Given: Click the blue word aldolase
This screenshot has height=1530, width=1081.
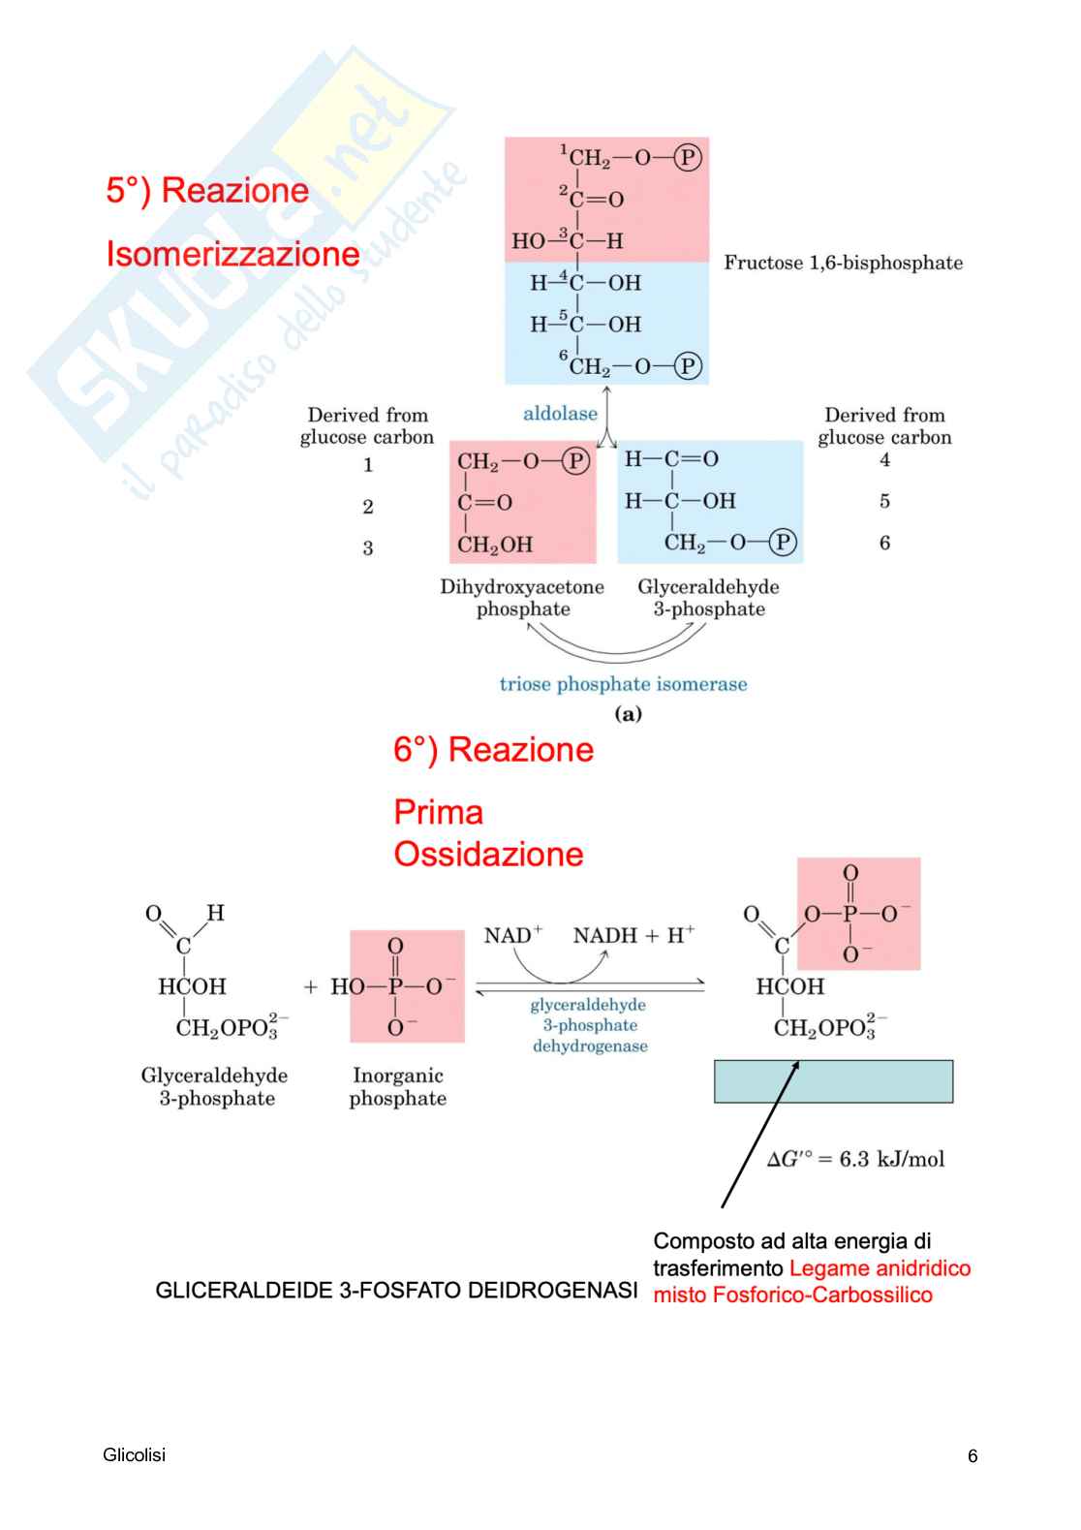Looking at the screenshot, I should pyautogui.click(x=560, y=414).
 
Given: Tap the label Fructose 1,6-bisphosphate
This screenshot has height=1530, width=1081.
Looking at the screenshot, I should pyautogui.click(x=843, y=263).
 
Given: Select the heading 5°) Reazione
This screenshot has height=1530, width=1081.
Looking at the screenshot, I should pyautogui.click(x=207, y=190).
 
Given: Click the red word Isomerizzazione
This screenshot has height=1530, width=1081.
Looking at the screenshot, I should pyautogui.click(x=232, y=254).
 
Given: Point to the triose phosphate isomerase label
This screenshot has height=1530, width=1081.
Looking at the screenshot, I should pyautogui.click(x=623, y=684).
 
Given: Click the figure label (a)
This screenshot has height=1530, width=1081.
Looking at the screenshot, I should pyautogui.click(x=628, y=714).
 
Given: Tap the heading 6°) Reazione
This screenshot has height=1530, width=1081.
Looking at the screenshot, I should pyautogui.click(x=493, y=749).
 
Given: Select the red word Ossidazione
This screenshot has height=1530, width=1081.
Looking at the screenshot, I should pyautogui.click(x=488, y=854).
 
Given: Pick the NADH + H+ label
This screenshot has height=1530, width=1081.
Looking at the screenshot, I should pyautogui.click(x=633, y=935).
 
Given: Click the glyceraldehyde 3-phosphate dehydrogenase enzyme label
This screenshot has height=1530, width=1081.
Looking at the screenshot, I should pyautogui.click(x=589, y=1025).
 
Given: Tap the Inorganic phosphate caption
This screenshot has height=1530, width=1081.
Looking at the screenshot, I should pyautogui.click(x=397, y=1086).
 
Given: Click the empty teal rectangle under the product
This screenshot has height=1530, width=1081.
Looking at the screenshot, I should pyautogui.click(x=833, y=1081).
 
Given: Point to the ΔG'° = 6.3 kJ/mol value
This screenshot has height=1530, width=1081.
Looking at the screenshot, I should pyautogui.click(x=855, y=1159).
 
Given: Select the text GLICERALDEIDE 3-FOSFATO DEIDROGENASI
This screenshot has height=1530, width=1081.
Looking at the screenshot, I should pyautogui.click(x=396, y=1291).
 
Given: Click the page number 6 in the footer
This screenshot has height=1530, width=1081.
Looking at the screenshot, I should pyautogui.click(x=973, y=1455).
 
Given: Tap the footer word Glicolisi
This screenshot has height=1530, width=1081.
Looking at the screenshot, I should pyautogui.click(x=134, y=1454).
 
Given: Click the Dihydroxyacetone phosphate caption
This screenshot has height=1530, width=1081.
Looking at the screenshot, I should pyautogui.click(x=522, y=598).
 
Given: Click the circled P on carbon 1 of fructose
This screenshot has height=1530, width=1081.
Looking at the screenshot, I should pyautogui.click(x=687, y=157).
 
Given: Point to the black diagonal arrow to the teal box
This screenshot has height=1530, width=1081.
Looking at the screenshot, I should pyautogui.click(x=760, y=1134).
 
